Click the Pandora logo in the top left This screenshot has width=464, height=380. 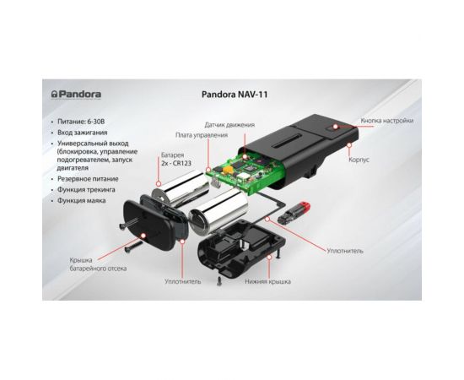(76, 95)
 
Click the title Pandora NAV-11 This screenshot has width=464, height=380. (235, 95)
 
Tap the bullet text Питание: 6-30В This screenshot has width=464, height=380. (81, 122)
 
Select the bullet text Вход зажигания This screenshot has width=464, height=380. (83, 133)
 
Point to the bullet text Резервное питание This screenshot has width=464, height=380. (88, 179)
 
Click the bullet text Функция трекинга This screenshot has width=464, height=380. (86, 189)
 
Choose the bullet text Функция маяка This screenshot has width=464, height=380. (81, 200)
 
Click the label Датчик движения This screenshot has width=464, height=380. (229, 125)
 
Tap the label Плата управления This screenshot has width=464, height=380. (202, 135)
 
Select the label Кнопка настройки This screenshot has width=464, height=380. (386, 121)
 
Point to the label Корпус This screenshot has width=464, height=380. (359, 160)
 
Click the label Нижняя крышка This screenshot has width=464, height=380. (267, 282)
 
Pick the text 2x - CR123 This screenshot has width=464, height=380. (176, 163)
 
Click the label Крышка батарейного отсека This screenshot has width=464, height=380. (98, 264)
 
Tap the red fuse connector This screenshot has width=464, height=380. (294, 214)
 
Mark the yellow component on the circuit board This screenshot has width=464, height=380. (228, 170)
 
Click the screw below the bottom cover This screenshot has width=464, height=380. (219, 281)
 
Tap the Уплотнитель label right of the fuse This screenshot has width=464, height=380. (345, 251)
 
